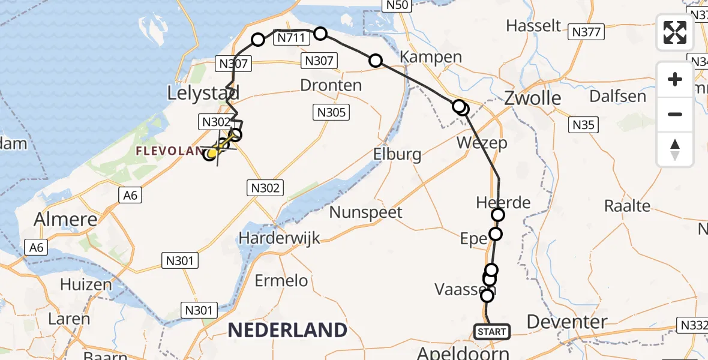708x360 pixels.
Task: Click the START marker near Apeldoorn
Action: pyautogui.click(x=493, y=331)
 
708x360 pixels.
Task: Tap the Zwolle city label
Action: pyautogui.click(x=533, y=98)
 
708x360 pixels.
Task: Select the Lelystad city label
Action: pyautogui.click(x=203, y=93)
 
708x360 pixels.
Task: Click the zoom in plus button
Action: pyautogui.click(x=675, y=80)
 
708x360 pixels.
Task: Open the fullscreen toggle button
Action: pyautogui.click(x=675, y=32)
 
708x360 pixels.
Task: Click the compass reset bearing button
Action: pyautogui.click(x=675, y=149)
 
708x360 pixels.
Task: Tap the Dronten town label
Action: pyautogui.click(x=331, y=85)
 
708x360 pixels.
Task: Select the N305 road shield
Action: pyautogui.click(x=331, y=112)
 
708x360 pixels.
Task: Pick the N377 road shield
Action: pyautogui.click(x=586, y=32)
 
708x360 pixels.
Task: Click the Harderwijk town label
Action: pyautogui.click(x=279, y=238)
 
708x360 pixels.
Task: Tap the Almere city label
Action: pyautogui.click(x=65, y=220)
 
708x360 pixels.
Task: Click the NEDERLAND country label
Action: pyautogui.click(x=287, y=330)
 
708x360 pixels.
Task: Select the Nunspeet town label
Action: pyautogui.click(x=365, y=212)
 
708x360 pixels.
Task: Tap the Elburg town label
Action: pyautogui.click(x=397, y=154)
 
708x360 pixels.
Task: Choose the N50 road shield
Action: pyautogui.click(x=397, y=5)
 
